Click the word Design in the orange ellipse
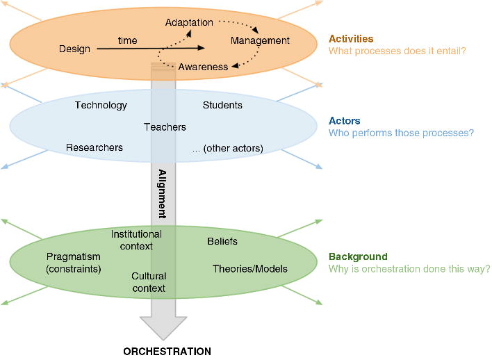click(x=74, y=49)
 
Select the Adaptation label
click(x=189, y=23)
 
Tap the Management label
click(x=260, y=41)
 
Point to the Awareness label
click(x=203, y=67)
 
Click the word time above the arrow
click(x=127, y=41)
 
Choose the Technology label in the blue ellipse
click(x=101, y=106)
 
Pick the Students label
click(x=222, y=106)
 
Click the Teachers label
click(x=165, y=127)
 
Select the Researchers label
click(x=95, y=147)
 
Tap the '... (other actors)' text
click(x=227, y=147)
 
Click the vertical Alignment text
click(x=162, y=194)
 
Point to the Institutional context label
click(x=136, y=240)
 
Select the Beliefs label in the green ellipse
click(x=222, y=241)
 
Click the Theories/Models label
click(x=249, y=269)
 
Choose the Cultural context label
click(x=149, y=282)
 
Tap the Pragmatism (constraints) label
click(x=74, y=262)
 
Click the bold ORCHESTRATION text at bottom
click(x=167, y=351)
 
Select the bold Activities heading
click(x=351, y=39)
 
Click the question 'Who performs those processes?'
click(x=401, y=133)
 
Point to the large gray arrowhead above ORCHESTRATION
click(x=163, y=325)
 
